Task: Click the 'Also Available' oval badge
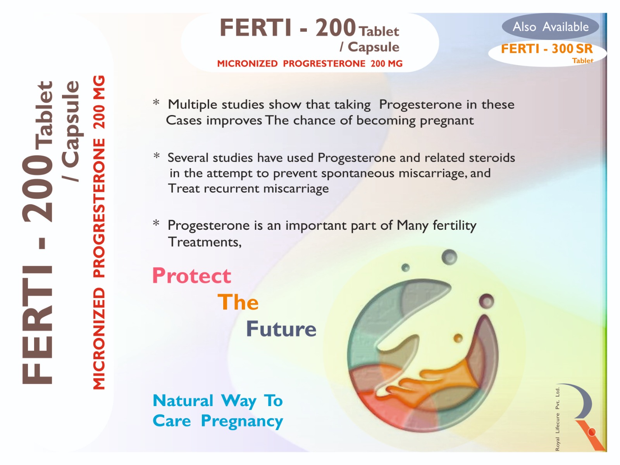pyautogui.click(x=550, y=26)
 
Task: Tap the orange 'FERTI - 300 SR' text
pyautogui.click(x=546, y=49)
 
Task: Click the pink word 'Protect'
pyautogui.click(x=191, y=276)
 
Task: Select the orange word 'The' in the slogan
pyautogui.click(x=238, y=302)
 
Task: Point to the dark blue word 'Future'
pyautogui.click(x=281, y=329)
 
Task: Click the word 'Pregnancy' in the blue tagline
pyautogui.click(x=242, y=422)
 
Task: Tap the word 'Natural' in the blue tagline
pyautogui.click(x=183, y=401)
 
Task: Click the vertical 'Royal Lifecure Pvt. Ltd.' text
pyautogui.click(x=557, y=419)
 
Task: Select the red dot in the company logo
pyautogui.click(x=592, y=432)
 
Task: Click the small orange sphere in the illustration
pyautogui.click(x=458, y=338)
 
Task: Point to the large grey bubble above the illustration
pyautogui.click(x=449, y=257)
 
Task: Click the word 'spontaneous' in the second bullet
pyautogui.click(x=358, y=173)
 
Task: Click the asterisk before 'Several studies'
pyautogui.click(x=157, y=155)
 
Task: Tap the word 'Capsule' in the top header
pyautogui.click(x=374, y=47)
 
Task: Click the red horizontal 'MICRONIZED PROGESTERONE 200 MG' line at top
pyautogui.click(x=310, y=64)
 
